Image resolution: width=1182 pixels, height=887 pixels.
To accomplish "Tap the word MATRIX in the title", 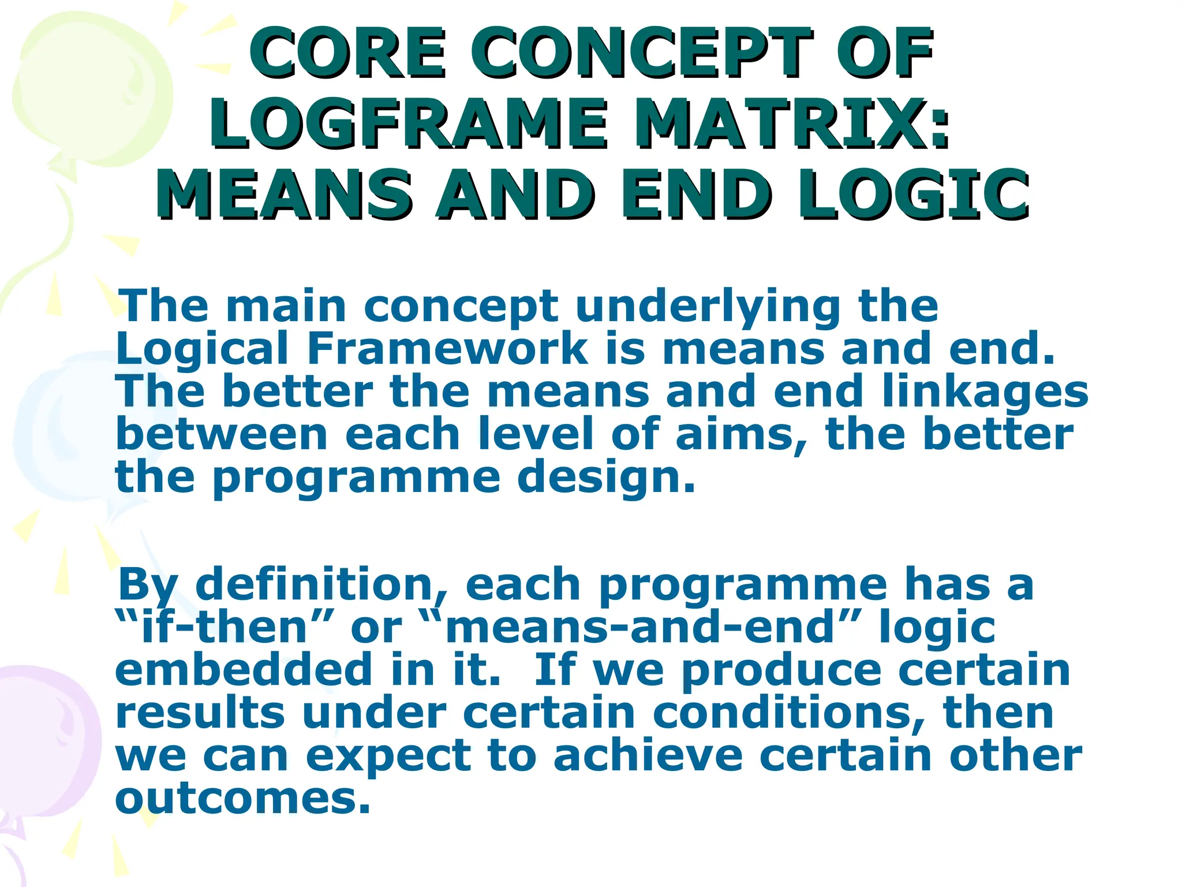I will [791, 124].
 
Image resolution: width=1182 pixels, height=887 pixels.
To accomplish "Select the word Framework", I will [447, 349].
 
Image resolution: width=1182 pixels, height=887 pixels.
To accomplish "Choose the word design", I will [606, 478].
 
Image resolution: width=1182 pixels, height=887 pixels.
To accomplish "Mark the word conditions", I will [788, 713].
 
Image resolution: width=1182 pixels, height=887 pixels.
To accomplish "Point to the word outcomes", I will [242, 798].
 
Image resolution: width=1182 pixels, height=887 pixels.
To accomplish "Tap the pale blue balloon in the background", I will [63, 427].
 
